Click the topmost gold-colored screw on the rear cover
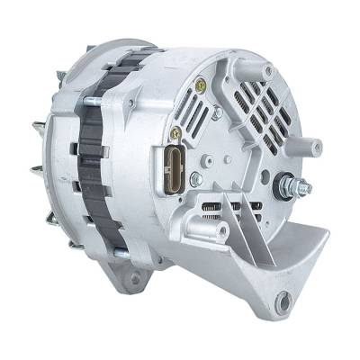(x=200, y=86)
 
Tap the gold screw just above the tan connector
(x=175, y=132)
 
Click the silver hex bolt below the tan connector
(x=195, y=179)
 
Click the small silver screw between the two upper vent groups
(x=217, y=113)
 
